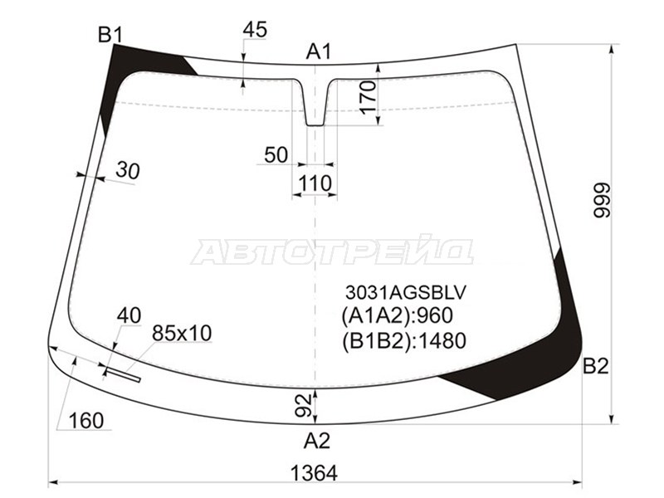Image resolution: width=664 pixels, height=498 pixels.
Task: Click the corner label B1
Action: [x=110, y=34]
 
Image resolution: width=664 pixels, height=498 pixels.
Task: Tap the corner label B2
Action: [x=596, y=367]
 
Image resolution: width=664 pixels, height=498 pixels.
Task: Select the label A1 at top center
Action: [x=318, y=52]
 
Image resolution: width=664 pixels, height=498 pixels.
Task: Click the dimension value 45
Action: [x=255, y=30]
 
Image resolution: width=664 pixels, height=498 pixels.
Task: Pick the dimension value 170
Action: [x=369, y=98]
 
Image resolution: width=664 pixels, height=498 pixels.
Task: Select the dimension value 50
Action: [x=276, y=154]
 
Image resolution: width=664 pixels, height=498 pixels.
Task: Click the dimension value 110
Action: [x=315, y=183]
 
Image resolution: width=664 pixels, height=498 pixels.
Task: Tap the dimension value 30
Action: [x=127, y=171]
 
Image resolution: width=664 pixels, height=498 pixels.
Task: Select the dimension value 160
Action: [x=87, y=421]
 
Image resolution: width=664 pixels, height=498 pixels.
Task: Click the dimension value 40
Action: [x=129, y=315]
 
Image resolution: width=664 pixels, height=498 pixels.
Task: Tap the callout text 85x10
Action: [x=182, y=333]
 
